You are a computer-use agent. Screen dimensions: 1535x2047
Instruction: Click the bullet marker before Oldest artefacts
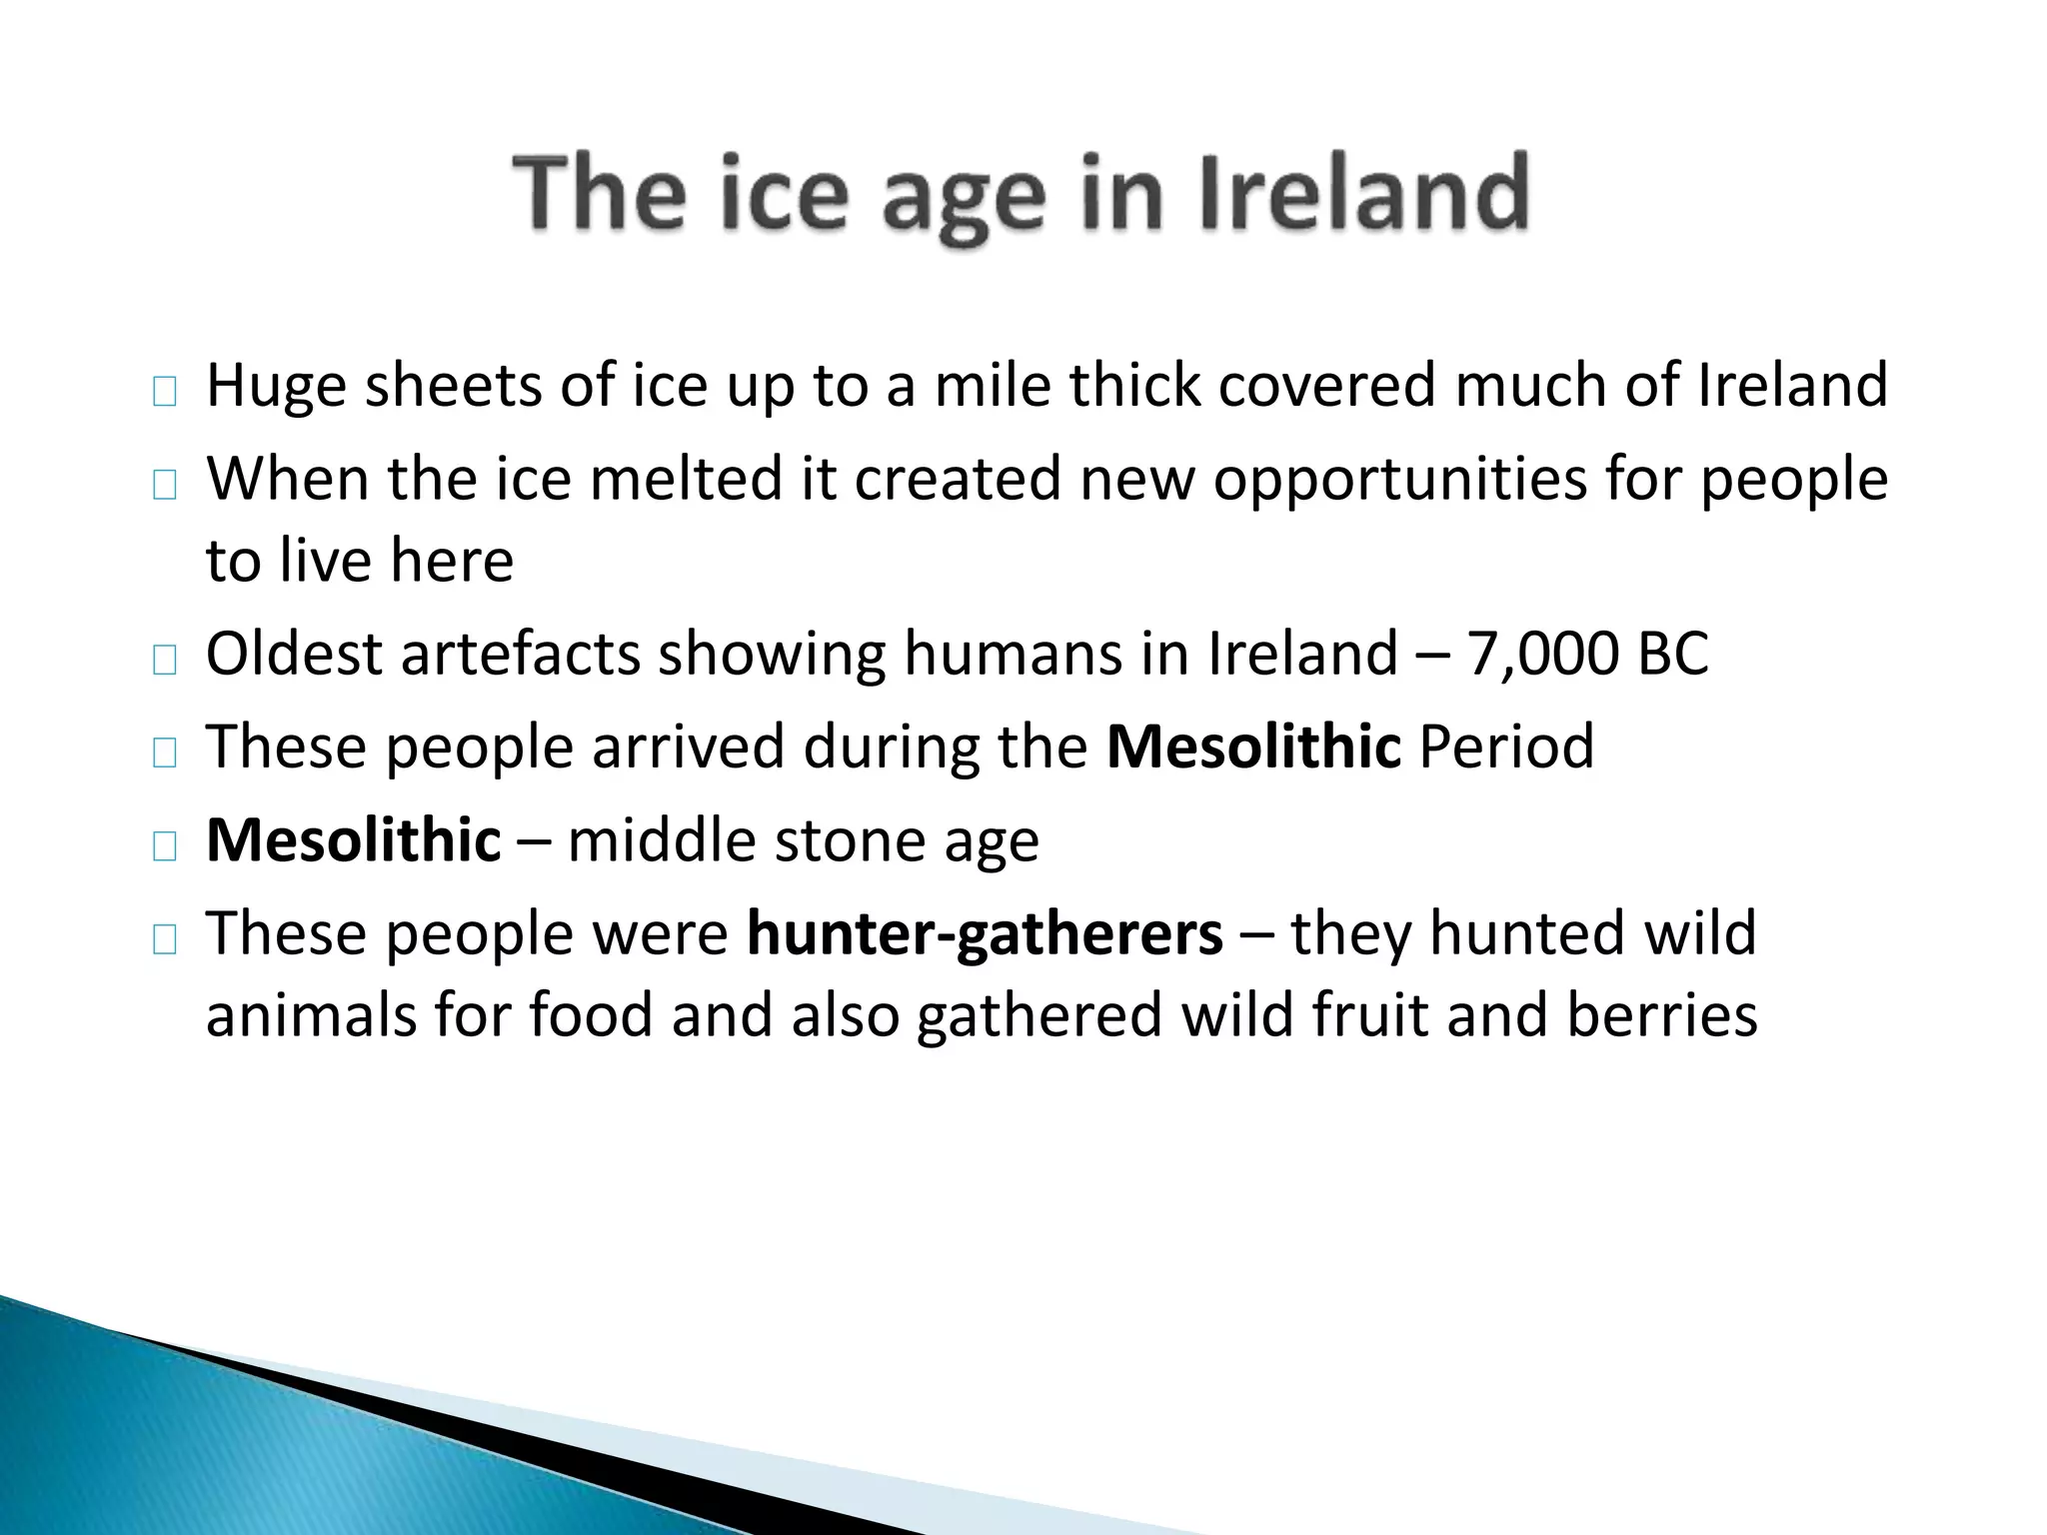(165, 661)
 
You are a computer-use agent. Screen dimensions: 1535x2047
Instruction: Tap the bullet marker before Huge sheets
(165, 393)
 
